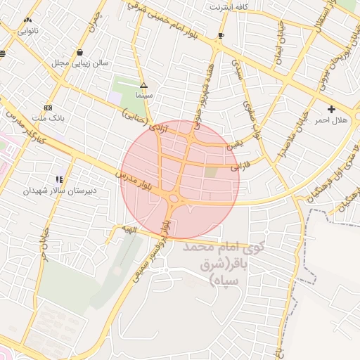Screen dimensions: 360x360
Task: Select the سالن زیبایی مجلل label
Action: pyautogui.click(x=79, y=63)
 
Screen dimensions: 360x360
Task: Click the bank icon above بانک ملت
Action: pyautogui.click(x=48, y=108)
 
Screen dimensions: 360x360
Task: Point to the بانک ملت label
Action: pyautogui.click(x=48, y=119)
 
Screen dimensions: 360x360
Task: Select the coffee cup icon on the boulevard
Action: pyautogui.click(x=221, y=34)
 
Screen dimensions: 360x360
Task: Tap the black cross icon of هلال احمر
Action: pyautogui.click(x=331, y=109)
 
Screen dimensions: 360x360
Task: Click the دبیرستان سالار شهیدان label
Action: pyautogui.click(x=60, y=191)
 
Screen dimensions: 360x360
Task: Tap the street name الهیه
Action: pyautogui.click(x=129, y=229)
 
